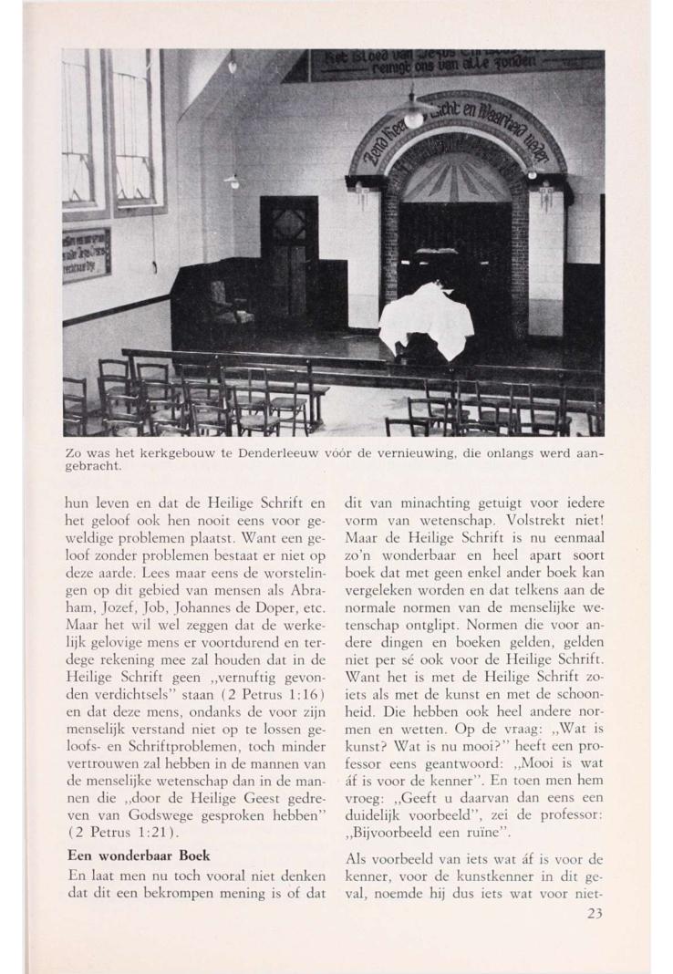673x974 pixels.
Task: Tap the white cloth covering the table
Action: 427,319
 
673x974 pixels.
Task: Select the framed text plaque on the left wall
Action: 87,254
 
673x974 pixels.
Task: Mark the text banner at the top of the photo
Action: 456,62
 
